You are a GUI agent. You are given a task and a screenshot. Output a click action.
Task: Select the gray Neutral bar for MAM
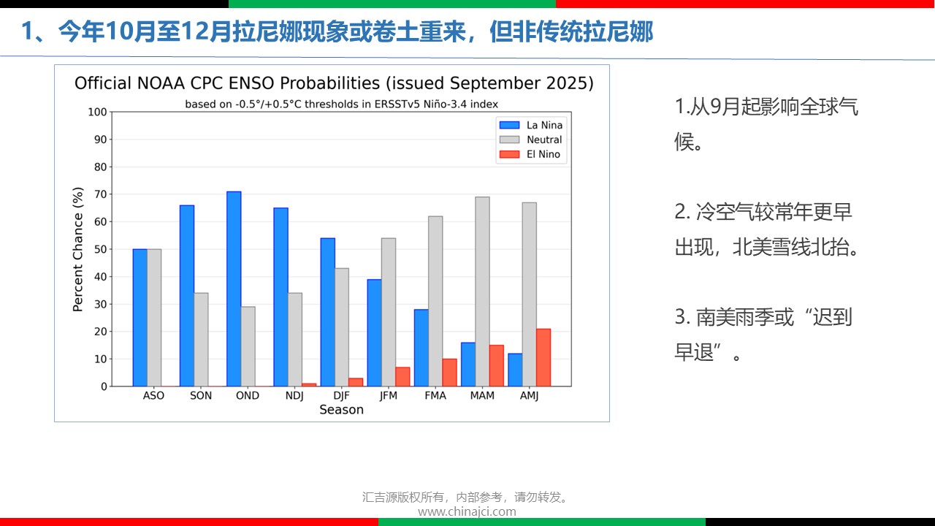tap(482, 291)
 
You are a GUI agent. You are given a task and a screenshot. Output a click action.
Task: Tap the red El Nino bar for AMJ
tap(543, 357)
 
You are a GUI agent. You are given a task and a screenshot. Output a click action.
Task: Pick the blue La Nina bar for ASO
tap(140, 318)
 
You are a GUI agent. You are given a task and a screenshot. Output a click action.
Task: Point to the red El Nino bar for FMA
tap(449, 373)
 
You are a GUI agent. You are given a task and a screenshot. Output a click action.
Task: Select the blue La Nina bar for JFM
tap(375, 333)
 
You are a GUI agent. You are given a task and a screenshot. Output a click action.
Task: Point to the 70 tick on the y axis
tap(98, 194)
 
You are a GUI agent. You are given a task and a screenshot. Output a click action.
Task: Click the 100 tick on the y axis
tap(96, 112)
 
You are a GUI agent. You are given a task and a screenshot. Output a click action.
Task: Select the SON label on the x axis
tap(201, 395)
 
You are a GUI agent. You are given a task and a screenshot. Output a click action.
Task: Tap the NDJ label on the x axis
tap(294, 395)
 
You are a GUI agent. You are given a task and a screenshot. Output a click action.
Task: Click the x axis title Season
tap(341, 410)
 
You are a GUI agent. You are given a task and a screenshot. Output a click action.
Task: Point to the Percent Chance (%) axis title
tap(78, 249)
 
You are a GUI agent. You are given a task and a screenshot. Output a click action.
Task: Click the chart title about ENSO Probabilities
tap(334, 83)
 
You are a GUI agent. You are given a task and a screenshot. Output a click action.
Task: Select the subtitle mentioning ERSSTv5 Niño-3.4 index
tap(341, 104)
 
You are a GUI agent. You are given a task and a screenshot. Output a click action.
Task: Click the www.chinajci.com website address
tap(467, 511)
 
